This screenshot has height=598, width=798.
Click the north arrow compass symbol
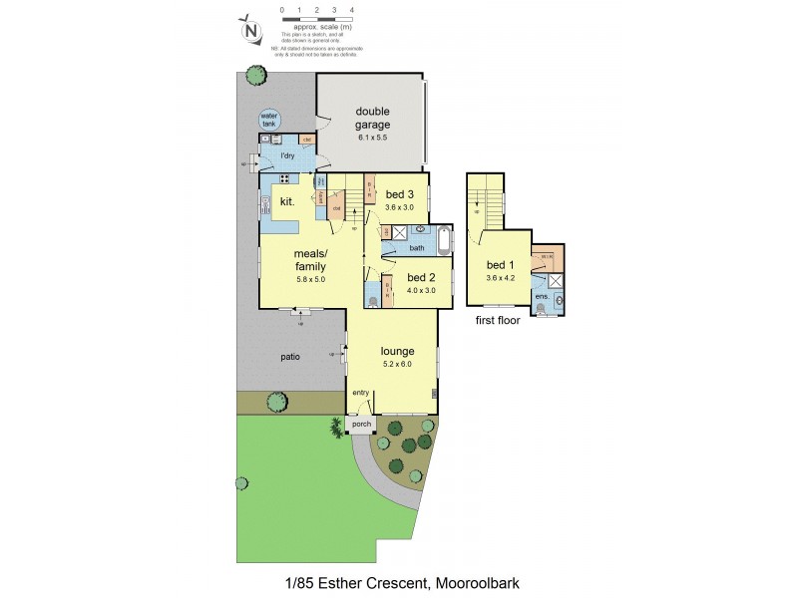[x=252, y=30]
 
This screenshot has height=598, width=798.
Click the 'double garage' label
[x=370, y=118]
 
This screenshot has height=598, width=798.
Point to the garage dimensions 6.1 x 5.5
[x=370, y=138]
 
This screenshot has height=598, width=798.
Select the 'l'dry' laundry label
[x=287, y=156]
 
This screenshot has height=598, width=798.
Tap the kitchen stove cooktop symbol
[x=283, y=179]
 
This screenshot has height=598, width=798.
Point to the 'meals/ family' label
[x=309, y=260]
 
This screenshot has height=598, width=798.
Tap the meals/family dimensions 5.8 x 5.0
[x=310, y=280]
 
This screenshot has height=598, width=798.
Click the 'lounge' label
[x=396, y=351]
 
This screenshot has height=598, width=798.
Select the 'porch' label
[x=360, y=425]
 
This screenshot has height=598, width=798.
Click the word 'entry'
[x=360, y=393]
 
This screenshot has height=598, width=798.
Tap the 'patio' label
[x=290, y=356]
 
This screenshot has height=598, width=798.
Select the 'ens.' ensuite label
[x=542, y=297]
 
